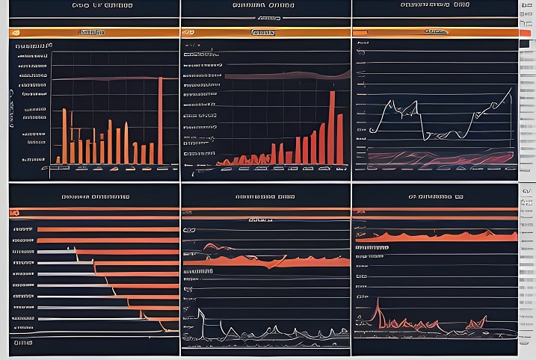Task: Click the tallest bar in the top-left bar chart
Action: (x=160, y=120)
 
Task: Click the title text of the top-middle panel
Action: (x=265, y=6)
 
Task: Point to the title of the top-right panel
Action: (x=435, y=6)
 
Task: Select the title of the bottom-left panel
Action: (x=95, y=197)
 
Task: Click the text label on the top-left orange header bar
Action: (x=91, y=33)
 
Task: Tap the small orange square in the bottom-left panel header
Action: (x=16, y=213)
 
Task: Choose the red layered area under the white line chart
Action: (x=434, y=158)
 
